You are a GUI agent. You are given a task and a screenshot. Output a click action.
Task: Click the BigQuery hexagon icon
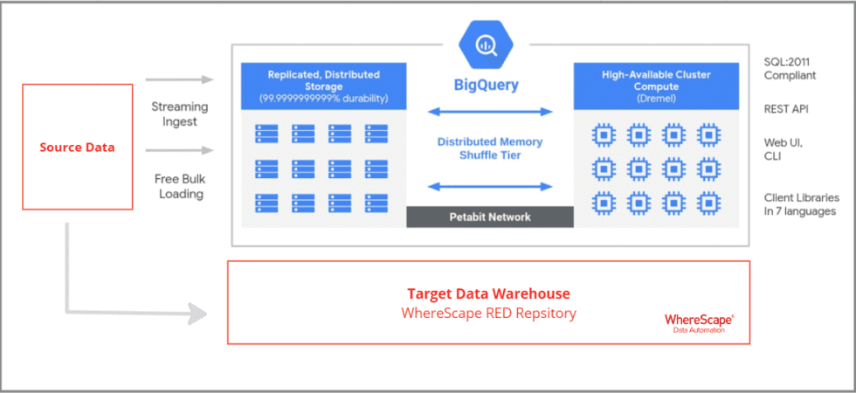[486, 46]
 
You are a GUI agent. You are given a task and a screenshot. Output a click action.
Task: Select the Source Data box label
[77, 148]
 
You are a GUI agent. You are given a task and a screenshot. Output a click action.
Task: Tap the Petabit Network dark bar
[490, 217]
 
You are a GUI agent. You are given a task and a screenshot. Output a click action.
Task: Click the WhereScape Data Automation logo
[699, 322]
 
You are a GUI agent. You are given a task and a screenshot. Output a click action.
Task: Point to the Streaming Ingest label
[180, 114]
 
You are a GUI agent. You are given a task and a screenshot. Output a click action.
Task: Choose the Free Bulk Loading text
[180, 186]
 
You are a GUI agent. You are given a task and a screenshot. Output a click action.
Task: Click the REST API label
[786, 109]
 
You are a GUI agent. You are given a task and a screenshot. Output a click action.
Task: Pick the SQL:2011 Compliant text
[790, 69]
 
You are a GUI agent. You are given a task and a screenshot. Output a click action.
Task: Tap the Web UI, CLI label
[784, 149]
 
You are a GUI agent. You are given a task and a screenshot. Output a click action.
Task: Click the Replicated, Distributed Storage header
[323, 80]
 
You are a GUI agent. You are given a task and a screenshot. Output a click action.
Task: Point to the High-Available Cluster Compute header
[656, 80]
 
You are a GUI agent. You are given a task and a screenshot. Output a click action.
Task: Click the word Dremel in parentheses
[656, 98]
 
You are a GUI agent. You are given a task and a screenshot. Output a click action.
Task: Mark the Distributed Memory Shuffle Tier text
[490, 148]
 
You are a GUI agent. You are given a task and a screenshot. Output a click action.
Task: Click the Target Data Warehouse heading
[488, 293]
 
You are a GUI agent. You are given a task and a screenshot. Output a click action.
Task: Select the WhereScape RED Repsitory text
[488, 314]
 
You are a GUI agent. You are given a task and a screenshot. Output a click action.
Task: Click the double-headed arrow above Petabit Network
[490, 187]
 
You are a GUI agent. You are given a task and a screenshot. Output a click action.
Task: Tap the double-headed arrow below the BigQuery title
[490, 112]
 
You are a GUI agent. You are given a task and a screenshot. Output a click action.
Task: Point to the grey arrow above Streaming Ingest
[179, 79]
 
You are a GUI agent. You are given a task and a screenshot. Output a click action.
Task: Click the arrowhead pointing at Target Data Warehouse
[197, 314]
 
